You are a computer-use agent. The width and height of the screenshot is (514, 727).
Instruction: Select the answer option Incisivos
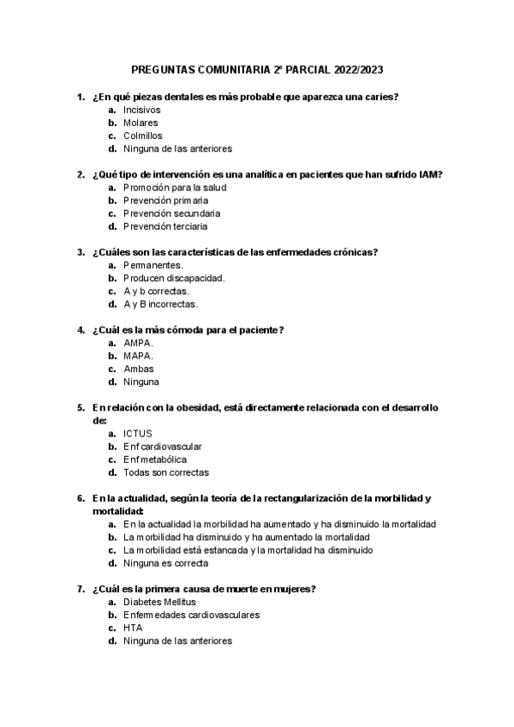click(141, 110)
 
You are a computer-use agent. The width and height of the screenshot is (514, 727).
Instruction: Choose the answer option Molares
click(140, 123)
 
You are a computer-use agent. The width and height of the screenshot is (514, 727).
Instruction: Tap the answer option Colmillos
click(142, 135)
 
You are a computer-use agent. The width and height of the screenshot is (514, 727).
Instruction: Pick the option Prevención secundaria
click(171, 213)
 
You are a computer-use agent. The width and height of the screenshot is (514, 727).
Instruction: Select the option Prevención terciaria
click(165, 226)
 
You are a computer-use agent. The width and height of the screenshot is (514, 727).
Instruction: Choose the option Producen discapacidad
click(174, 278)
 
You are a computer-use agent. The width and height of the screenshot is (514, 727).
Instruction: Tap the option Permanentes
click(153, 265)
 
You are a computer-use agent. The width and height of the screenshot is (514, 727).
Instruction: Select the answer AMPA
click(138, 343)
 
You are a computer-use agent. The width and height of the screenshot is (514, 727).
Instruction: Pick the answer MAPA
click(138, 356)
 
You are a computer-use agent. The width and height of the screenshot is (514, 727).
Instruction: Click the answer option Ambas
click(139, 369)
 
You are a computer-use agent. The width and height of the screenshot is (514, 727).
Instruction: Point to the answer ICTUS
click(138, 433)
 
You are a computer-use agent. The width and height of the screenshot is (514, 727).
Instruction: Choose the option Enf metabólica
click(155, 459)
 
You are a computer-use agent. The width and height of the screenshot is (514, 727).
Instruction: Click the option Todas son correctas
click(166, 472)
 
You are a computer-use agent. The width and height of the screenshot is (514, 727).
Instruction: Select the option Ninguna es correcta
click(166, 563)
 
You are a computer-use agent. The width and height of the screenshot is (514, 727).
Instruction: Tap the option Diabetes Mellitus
click(159, 602)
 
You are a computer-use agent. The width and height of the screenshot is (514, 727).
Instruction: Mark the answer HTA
click(133, 628)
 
